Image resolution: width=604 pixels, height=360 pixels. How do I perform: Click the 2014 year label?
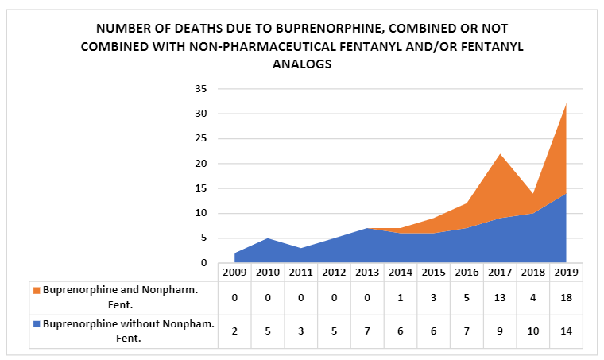click(x=399, y=272)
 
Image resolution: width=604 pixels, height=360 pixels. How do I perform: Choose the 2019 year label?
click(x=566, y=272)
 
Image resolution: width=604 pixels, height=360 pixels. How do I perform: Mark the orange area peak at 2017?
click(x=499, y=157)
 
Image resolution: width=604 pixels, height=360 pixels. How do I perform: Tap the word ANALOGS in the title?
click(x=301, y=64)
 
